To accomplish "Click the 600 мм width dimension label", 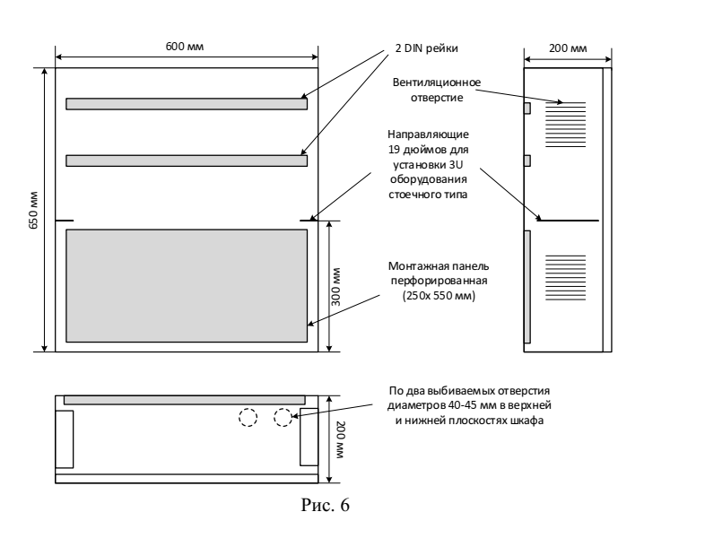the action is tap(185, 47).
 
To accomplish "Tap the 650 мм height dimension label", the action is tap(34, 211).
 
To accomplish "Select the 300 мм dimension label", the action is tap(335, 287).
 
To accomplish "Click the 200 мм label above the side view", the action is tap(568, 48).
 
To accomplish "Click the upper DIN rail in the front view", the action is tap(187, 104).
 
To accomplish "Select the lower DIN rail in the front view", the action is tap(187, 161).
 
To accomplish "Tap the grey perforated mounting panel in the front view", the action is tap(187, 286).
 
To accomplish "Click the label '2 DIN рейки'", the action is tap(427, 48).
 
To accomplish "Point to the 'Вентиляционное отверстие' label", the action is tap(437, 90).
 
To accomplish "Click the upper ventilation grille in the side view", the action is tap(566, 125).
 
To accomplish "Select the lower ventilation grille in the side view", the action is tap(566, 278).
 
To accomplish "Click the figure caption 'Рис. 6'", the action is tap(325, 505).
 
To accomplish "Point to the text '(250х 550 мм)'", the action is tap(439, 296).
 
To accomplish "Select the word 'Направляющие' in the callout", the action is tap(428, 134).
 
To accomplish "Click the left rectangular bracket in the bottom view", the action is tap(65, 439).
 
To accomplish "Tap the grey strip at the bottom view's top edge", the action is tap(185, 400).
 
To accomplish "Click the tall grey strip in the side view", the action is tap(527, 287).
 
